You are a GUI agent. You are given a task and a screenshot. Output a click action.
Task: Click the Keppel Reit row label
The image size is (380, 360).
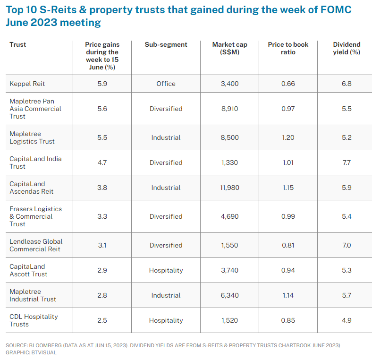[27, 84]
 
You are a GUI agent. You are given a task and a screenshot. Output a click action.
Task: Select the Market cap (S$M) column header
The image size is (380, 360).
[229, 48]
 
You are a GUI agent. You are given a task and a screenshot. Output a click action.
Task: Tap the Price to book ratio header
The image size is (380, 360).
[288, 48]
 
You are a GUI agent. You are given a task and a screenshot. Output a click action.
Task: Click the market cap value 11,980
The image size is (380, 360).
[229, 188]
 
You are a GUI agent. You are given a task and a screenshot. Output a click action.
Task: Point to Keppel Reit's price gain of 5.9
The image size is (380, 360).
[102, 84]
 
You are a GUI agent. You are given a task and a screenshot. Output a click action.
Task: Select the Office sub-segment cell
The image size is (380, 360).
[166, 84]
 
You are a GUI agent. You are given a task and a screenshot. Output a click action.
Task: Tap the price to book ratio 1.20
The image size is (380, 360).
[288, 137]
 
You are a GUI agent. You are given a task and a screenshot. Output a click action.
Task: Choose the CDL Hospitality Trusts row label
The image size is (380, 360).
[34, 320]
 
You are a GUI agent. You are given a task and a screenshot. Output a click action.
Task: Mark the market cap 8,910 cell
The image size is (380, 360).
[229, 109]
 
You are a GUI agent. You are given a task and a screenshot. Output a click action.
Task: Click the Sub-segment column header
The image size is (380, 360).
[166, 44]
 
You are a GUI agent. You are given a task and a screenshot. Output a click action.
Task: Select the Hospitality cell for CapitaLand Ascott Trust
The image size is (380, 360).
[166, 270]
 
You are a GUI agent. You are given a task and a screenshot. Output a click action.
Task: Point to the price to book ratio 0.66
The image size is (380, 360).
[288, 84]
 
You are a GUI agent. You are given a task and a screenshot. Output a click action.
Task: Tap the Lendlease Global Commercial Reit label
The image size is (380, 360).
[36, 245]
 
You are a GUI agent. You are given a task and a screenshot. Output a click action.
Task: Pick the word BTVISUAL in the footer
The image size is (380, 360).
[43, 352]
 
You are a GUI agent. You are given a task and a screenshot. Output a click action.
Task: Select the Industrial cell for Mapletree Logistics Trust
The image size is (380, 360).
[166, 137]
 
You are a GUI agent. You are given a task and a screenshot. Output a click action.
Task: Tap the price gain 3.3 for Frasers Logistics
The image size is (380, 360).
[102, 216]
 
